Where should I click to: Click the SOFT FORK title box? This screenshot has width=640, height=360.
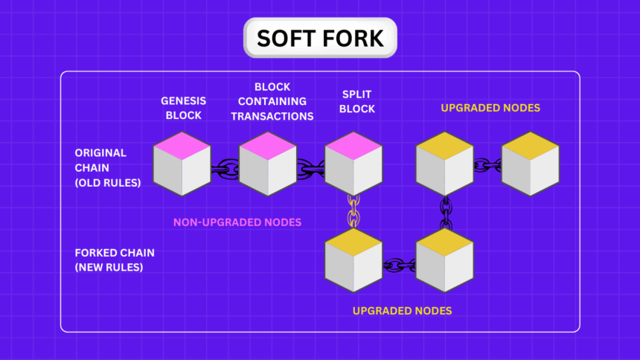320,38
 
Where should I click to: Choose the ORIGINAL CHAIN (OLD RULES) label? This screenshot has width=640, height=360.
107,167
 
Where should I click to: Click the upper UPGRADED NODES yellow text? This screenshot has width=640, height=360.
490,108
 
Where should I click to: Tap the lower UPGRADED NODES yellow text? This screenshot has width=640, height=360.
402,310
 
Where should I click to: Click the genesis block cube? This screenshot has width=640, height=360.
182,164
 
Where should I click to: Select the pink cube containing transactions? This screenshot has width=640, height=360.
268,164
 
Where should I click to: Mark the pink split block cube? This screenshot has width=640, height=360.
353,164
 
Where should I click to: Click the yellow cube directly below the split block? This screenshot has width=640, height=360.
354,261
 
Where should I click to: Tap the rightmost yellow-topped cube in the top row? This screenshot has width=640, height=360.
531,164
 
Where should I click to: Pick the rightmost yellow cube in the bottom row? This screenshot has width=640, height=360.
445,261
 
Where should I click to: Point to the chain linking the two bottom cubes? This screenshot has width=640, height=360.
400,265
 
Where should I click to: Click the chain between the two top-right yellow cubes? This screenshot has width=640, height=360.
487,165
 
